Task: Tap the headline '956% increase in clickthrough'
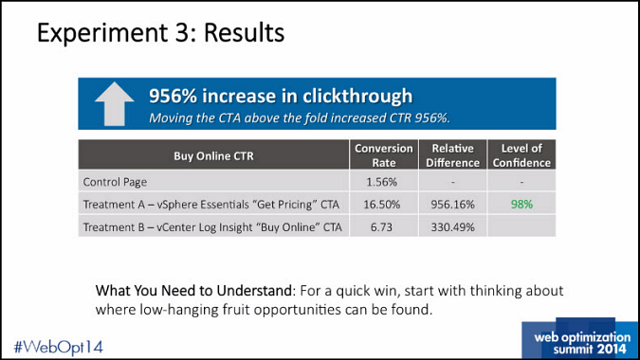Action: click(281, 96)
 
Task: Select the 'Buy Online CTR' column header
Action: click(214, 155)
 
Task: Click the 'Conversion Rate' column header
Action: click(384, 155)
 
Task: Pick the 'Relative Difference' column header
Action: click(452, 155)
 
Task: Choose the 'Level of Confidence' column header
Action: click(521, 155)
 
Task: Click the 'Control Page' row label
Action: click(117, 181)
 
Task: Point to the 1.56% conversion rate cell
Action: click(383, 181)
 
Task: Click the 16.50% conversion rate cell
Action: click(383, 204)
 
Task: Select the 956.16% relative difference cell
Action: click(452, 204)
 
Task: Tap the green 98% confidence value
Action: click(521, 204)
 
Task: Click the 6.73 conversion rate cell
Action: click(383, 227)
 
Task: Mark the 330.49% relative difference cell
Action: click(452, 227)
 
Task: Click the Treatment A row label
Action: click(211, 204)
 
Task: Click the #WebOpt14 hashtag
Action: click(59, 346)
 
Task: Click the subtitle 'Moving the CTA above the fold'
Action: click(300, 118)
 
